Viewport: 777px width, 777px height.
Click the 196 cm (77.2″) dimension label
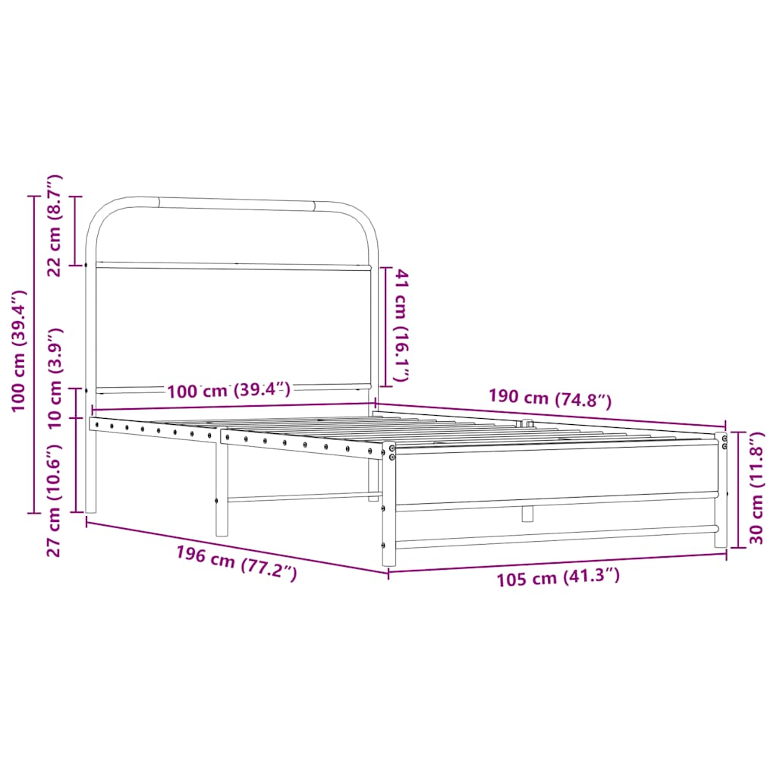pos(236,563)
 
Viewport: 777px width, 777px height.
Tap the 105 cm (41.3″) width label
pos(558,578)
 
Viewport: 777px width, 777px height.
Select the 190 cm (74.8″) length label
pos(549,398)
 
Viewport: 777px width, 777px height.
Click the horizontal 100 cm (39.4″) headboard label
pos(228,391)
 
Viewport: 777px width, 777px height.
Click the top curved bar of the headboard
pos(235,203)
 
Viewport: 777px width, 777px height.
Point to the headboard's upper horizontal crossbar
pos(231,266)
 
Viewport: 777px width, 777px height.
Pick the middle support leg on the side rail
pos(222,493)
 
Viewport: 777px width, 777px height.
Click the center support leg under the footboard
pos(527,514)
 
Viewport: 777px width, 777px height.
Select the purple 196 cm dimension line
pos(236,546)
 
